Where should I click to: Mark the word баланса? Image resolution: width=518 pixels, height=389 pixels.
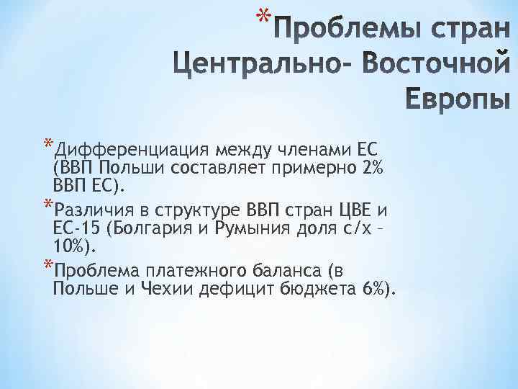[x=296, y=272]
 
